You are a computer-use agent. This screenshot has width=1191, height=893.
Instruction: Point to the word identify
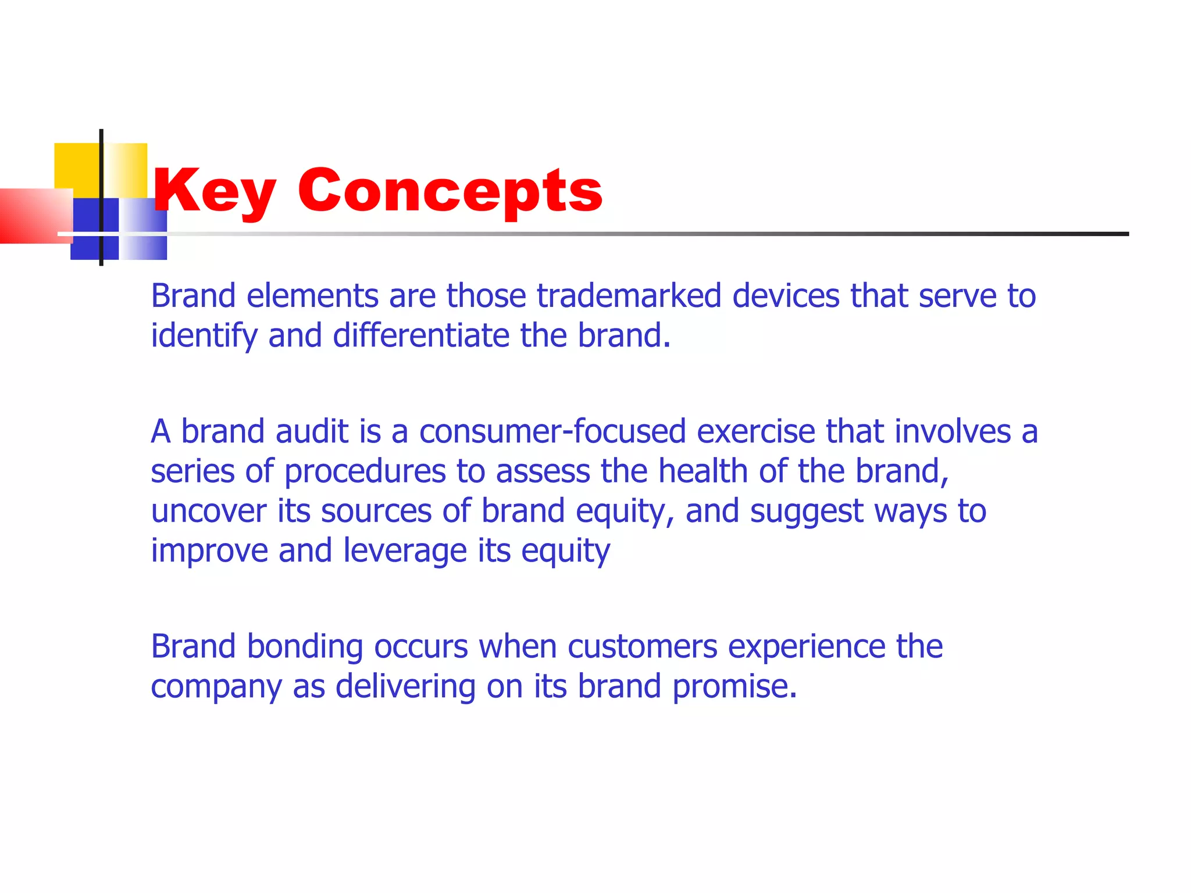(204, 336)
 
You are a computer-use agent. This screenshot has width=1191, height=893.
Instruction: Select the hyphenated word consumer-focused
(552, 432)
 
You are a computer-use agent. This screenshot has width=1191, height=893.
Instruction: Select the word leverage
(405, 551)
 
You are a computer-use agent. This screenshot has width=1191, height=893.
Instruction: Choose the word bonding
(305, 647)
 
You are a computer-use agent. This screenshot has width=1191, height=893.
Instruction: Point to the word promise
(734, 687)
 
